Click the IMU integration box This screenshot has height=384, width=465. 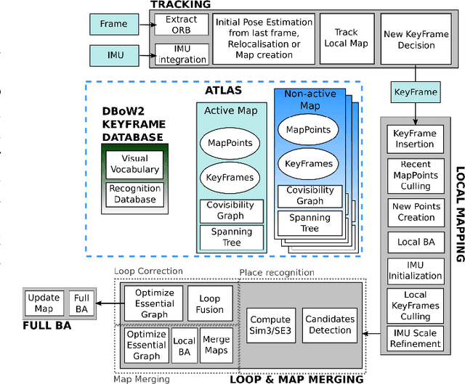182,54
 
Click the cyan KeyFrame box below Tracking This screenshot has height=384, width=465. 415,93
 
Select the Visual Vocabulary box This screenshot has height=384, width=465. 134,163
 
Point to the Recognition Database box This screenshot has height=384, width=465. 134,195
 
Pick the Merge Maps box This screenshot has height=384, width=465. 216,346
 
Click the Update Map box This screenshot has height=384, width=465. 44,303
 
